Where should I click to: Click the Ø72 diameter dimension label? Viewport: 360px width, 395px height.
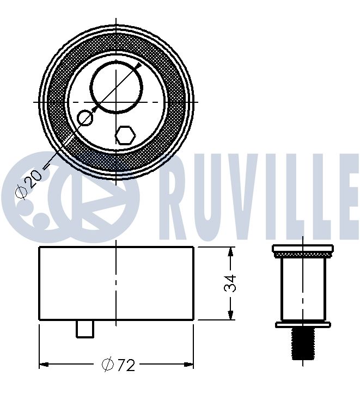118,365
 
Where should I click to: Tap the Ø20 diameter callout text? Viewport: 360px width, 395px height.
28,184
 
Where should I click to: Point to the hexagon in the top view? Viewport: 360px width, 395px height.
125,135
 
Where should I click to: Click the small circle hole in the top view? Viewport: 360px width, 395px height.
85,118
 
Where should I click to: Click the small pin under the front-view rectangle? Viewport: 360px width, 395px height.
85,328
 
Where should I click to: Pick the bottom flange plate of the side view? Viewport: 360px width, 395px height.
302,324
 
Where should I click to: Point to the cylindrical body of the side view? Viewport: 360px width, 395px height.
302,288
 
